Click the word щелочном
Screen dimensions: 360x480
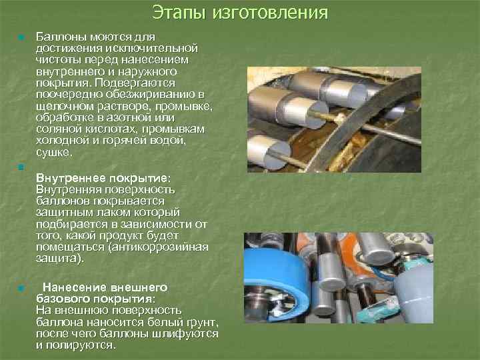click(x=62, y=106)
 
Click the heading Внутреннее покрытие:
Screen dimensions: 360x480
click(x=103, y=179)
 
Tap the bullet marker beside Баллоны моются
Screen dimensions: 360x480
click(x=22, y=37)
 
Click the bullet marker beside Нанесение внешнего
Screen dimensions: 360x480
click(x=22, y=289)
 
